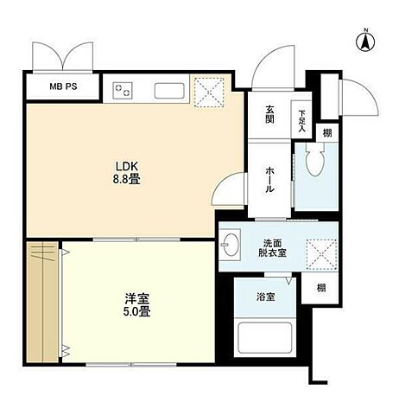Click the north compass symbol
[x=365, y=39]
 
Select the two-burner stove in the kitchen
[x=123, y=89]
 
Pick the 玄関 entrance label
[x=269, y=114]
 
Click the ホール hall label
[x=269, y=179]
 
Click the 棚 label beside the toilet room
[x=326, y=132]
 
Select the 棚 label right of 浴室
[x=320, y=289]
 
